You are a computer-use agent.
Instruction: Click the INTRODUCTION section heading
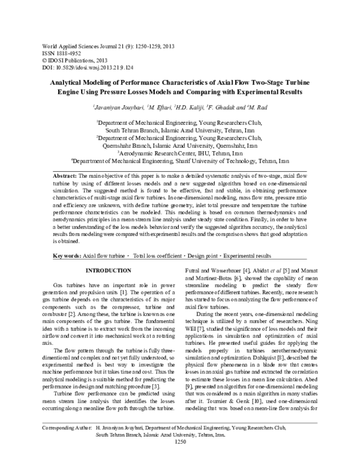(x=107, y=271)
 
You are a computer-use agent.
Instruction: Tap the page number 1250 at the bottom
(x=180, y=459)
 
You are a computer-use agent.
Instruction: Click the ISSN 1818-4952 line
(x=60, y=53)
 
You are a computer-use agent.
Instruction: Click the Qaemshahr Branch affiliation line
(x=180, y=145)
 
